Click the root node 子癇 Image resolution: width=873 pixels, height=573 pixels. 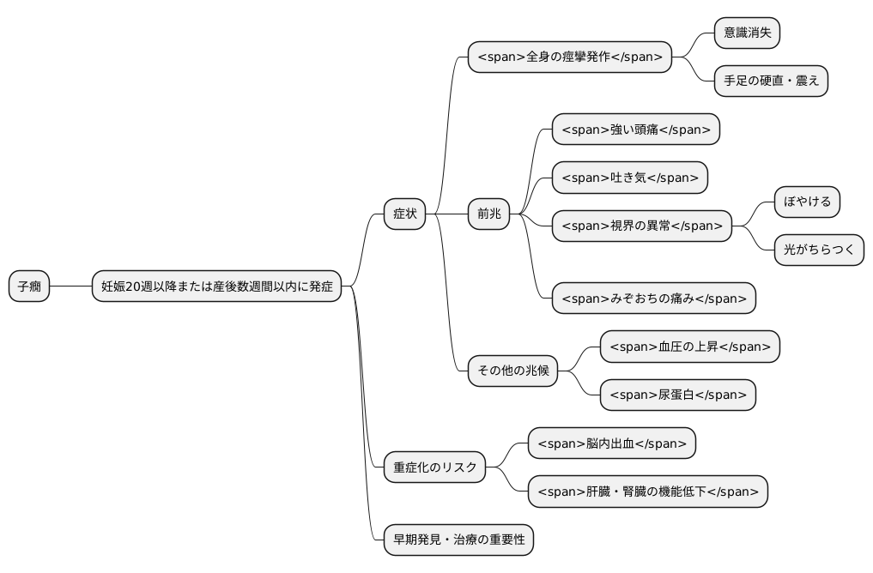point(29,286)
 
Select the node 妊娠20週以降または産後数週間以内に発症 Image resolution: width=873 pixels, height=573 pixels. point(217,286)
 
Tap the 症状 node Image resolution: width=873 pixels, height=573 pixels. point(404,214)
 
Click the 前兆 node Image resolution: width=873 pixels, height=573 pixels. point(488,214)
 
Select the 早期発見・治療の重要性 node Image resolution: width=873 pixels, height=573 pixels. point(458,540)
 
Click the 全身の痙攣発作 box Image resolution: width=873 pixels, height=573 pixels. point(569,57)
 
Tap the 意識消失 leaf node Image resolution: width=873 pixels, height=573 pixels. point(747,33)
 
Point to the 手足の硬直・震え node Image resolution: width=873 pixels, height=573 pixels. point(771,81)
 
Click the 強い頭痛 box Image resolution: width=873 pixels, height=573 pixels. point(635,130)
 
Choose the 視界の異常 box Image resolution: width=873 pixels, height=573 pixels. point(641,226)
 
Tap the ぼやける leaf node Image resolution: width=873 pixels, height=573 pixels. point(807,202)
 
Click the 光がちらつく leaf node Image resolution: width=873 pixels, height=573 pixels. point(819,250)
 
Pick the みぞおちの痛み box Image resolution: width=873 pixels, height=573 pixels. point(653,299)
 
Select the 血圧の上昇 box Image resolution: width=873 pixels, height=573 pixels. point(689,347)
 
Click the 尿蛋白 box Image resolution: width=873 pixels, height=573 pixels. point(677,395)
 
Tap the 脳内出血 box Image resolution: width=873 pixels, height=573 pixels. point(611,443)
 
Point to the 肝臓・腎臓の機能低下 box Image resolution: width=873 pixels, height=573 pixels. point(647,492)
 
